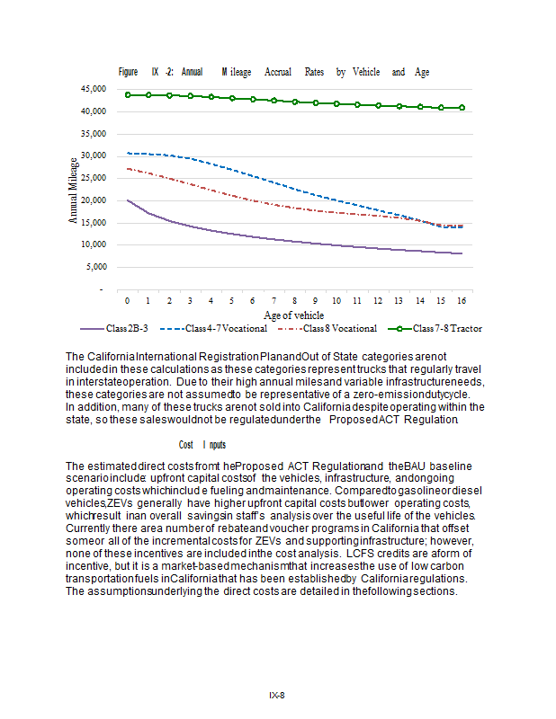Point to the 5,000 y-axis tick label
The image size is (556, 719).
point(95,267)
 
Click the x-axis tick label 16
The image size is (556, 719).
point(461,299)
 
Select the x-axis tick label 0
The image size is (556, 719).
point(128,299)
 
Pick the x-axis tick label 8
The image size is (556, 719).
point(294,299)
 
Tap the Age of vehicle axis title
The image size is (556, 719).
point(294,315)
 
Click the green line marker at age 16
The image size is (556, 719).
point(461,108)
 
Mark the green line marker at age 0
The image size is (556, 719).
point(128,94)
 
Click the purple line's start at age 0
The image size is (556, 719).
point(128,200)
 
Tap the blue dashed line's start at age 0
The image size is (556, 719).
point(128,154)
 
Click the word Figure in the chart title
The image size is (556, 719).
point(129,72)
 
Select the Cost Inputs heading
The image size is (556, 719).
point(200,445)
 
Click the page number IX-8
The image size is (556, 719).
point(277,695)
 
